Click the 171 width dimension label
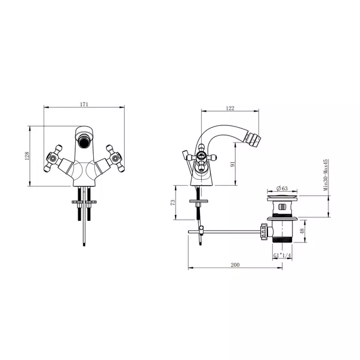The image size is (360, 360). pos(84,104)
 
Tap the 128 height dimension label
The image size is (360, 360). pos(27,156)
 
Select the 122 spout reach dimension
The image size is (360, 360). pos(230,108)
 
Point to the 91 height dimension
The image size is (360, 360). pos(233,164)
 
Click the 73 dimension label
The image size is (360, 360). pos(173,202)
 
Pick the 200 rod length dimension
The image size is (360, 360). pos(235,264)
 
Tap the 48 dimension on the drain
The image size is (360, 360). pos(302,230)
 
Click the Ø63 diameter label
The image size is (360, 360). pos(282,188)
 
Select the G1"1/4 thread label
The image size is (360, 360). pos(282,256)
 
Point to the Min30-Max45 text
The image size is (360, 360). pos(325,175)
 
